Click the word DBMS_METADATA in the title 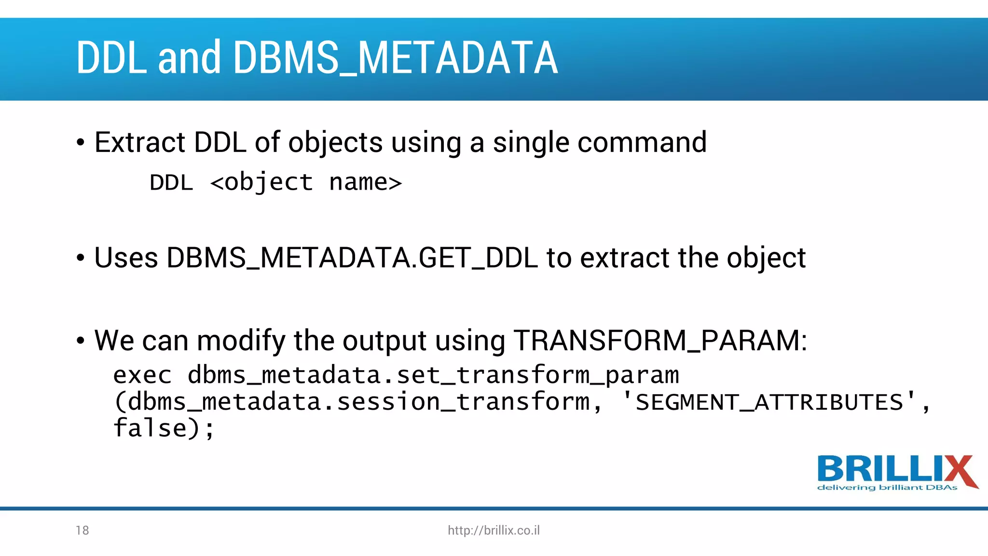(396, 58)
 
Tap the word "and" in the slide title (189, 58)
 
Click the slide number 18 (82, 530)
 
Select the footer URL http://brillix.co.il (494, 530)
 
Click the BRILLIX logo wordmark (896, 469)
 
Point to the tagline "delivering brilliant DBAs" (887, 488)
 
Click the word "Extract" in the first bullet (140, 142)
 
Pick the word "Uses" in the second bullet (126, 258)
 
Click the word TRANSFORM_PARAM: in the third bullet (660, 340)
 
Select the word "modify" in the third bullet (241, 341)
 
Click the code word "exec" (142, 375)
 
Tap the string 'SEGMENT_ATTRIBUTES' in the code (769, 402)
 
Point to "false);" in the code (164, 428)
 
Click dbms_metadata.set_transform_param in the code (433, 375)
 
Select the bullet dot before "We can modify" (81, 341)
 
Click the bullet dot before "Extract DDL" (81, 143)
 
